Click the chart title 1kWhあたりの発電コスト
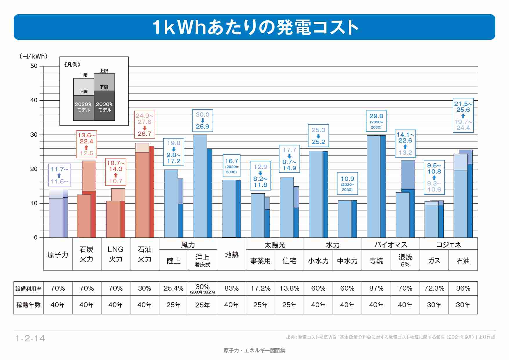[255, 27]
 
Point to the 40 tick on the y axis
[34, 100]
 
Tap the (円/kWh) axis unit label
[33, 56]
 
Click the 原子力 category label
[58, 255]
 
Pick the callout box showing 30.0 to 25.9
[203, 120]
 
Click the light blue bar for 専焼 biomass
[373, 186]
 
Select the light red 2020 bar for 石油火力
[142, 195]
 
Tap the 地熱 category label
[231, 255]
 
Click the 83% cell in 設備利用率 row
[231, 288]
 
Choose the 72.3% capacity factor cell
[434, 288]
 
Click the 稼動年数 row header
[28, 305]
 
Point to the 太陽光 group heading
[275, 245]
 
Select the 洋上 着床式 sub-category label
[202, 260]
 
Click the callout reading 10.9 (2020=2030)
[347, 183]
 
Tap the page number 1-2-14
[30, 338]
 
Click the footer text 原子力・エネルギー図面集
[254, 350]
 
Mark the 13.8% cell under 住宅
[289, 288]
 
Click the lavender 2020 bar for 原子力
[56, 218]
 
